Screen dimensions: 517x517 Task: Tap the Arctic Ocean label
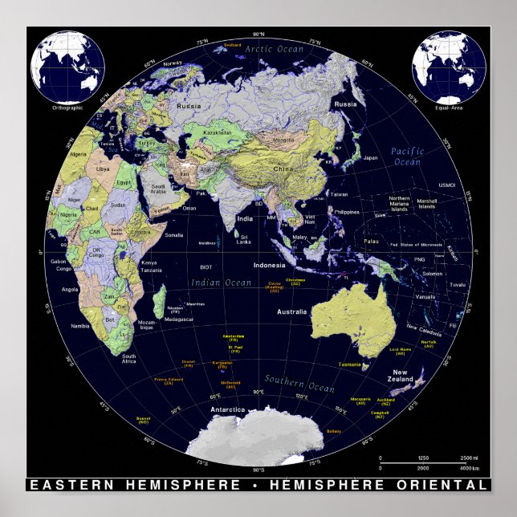pyautogui.click(x=275, y=49)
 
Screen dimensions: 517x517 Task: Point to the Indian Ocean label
pyautogui.click(x=222, y=282)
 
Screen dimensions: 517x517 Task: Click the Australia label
pyautogui.click(x=291, y=311)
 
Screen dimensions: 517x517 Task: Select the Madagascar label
pyautogui.click(x=179, y=320)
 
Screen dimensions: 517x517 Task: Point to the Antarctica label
pyautogui.click(x=227, y=409)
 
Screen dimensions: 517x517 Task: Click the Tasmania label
pyautogui.click(x=349, y=364)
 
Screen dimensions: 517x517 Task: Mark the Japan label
pyautogui.click(x=370, y=157)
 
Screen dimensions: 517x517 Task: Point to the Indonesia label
pyautogui.click(x=269, y=265)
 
